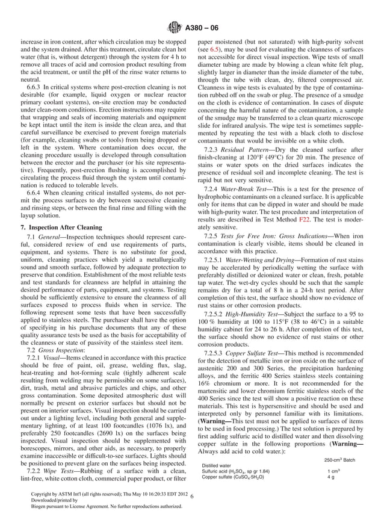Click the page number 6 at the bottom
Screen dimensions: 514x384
coord(191,497)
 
